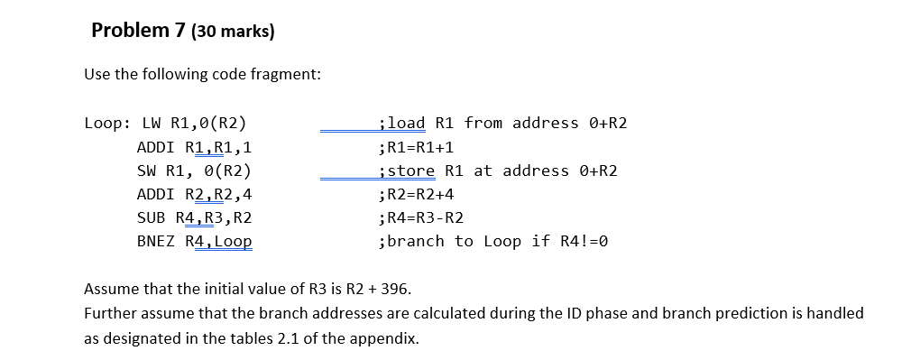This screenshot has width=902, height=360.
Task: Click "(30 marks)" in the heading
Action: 230,32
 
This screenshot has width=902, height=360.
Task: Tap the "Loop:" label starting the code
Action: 106,124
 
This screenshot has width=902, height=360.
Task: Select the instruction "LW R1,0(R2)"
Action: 192,124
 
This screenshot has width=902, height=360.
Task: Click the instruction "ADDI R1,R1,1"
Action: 193,147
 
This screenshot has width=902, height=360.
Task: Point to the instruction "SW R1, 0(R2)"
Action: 193,171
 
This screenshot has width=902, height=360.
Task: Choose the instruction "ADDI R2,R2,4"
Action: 193,194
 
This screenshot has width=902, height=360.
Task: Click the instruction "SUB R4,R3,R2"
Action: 193,217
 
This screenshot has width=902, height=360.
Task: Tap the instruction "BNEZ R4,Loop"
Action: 193,241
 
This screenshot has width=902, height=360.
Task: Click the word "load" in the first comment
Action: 407,124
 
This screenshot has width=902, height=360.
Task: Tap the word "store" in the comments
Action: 411,171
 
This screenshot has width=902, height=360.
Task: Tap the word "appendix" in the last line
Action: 389,338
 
